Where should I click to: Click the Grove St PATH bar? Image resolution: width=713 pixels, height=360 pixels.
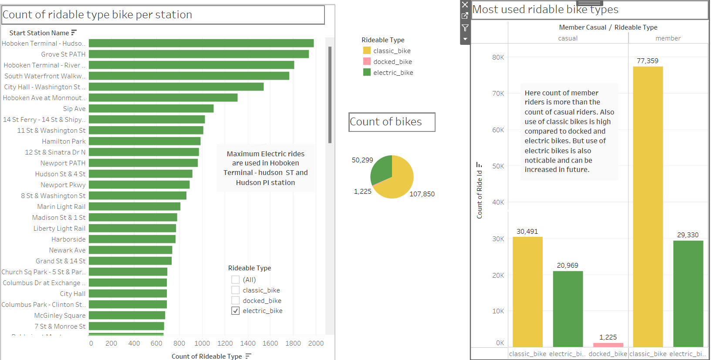[x=199, y=54]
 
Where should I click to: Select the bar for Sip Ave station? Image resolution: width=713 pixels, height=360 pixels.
[x=151, y=108]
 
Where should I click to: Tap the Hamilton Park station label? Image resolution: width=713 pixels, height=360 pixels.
[x=64, y=141]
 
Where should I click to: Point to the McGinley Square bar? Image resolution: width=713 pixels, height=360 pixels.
[x=127, y=315]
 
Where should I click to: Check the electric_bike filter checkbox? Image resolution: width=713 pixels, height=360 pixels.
[x=236, y=311]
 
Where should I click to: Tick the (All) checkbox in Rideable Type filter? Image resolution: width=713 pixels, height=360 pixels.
[x=236, y=279]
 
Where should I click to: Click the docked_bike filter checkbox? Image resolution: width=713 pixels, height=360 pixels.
[x=236, y=300]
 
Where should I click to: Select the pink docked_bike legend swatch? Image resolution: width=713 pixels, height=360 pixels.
[x=367, y=61]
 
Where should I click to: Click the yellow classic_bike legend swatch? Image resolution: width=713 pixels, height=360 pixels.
[x=367, y=50]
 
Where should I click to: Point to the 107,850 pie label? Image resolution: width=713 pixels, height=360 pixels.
[x=422, y=194]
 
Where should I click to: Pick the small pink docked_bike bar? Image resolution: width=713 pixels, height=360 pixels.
[x=608, y=345]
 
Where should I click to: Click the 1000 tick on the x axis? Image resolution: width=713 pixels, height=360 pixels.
[x=202, y=343]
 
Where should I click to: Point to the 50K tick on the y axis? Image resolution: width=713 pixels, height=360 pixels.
[x=498, y=166]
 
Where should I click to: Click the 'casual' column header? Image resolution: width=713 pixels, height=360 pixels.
[x=568, y=38]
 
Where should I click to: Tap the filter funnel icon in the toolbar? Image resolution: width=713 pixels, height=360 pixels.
[x=465, y=28]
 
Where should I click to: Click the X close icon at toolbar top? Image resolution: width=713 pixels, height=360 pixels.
[x=465, y=5]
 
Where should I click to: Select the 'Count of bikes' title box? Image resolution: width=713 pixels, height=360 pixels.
[x=392, y=122]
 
